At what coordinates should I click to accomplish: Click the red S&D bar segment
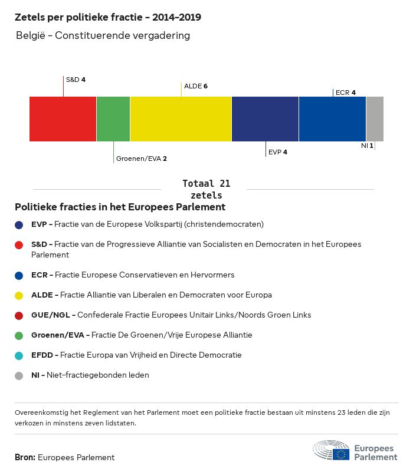[x=63, y=119]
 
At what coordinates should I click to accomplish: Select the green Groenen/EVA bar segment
[x=113, y=119]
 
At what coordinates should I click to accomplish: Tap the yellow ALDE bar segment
[x=181, y=119]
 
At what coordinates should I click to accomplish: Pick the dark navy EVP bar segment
[x=265, y=119]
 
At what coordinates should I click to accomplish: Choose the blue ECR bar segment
[x=332, y=119]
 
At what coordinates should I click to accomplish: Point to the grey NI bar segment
[x=375, y=119]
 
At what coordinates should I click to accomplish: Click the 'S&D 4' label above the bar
[x=76, y=79]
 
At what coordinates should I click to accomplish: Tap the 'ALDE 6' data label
[x=196, y=86]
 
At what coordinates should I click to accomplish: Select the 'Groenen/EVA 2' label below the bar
[x=142, y=159]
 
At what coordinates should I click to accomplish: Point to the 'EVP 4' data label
[x=278, y=152]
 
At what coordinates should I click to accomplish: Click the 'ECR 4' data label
[x=345, y=93]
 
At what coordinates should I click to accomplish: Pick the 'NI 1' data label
[x=367, y=145]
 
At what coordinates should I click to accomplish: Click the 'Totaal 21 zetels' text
[x=206, y=189]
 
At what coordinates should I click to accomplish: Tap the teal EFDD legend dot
[x=19, y=355]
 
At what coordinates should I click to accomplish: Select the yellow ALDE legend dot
[x=19, y=295]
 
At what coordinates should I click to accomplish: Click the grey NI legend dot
[x=19, y=375]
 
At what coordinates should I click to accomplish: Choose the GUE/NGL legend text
[x=171, y=315]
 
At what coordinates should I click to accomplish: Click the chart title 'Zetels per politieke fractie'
[x=108, y=17]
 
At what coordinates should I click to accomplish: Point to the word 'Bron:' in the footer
[x=25, y=457]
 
